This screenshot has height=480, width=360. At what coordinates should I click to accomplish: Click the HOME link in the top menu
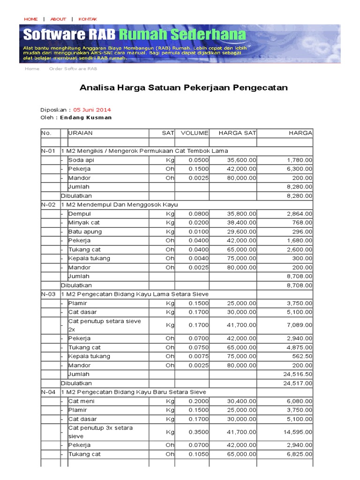click(30, 19)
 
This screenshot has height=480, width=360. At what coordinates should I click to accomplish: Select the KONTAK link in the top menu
click(88, 19)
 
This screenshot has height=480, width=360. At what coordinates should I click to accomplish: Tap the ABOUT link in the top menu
click(58, 19)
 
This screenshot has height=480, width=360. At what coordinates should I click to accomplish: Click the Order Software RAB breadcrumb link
click(73, 68)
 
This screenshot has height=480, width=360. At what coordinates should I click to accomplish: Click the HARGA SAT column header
click(237, 133)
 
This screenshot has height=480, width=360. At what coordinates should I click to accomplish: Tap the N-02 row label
click(48, 204)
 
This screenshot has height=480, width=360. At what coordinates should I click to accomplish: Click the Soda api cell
click(82, 160)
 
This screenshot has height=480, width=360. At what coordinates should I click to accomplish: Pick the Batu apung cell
click(85, 232)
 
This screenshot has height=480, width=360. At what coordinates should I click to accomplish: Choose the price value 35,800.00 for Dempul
click(241, 214)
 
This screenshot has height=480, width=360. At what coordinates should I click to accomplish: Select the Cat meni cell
click(81, 401)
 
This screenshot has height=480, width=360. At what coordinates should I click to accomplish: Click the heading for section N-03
click(135, 294)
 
